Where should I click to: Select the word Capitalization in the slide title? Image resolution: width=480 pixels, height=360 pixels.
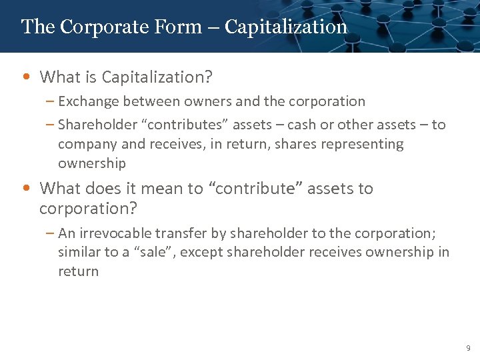[286, 27]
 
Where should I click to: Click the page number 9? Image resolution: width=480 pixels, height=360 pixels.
[468, 348]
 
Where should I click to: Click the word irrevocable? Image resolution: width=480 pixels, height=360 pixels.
[115, 233]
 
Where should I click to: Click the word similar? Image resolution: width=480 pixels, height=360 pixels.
[80, 252]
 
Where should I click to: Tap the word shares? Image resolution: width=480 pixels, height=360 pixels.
[311, 144]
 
